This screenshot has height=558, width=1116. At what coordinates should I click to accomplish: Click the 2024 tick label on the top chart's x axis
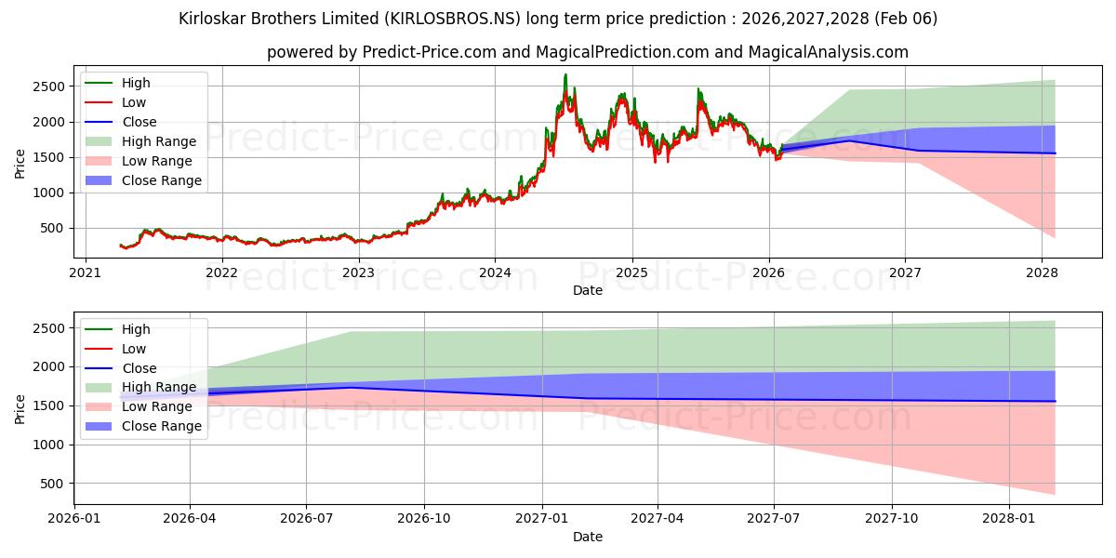[495, 272]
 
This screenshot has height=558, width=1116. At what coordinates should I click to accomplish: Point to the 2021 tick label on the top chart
[85, 272]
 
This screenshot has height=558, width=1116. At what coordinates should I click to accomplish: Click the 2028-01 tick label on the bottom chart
[1009, 519]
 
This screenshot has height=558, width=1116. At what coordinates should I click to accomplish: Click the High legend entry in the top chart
[136, 83]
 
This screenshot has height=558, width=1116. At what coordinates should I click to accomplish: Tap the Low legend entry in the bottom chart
[134, 349]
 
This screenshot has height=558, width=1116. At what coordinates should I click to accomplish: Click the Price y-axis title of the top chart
[20, 164]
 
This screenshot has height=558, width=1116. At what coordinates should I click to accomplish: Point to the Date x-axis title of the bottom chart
[588, 537]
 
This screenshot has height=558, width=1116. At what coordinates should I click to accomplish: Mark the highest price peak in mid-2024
[565, 74]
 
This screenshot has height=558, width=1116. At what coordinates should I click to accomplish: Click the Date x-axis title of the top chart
[588, 290]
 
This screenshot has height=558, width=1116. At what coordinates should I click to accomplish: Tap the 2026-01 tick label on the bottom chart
[74, 519]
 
